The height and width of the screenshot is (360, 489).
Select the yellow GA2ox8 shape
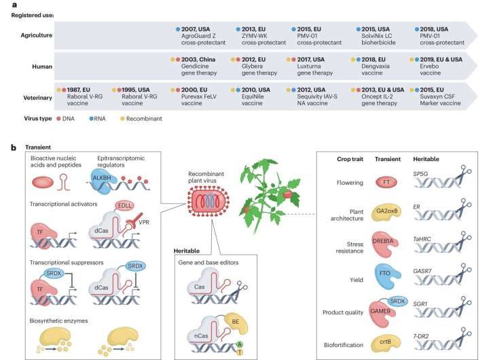coord(385,211)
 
